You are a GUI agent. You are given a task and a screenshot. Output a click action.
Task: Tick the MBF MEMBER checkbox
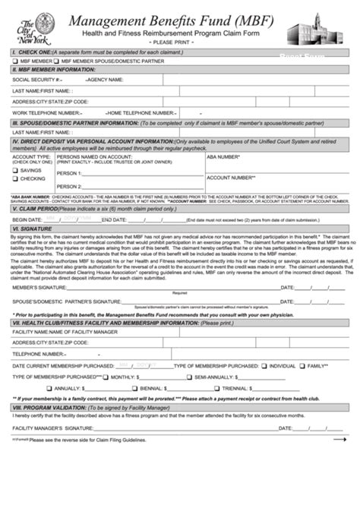tap(15, 60)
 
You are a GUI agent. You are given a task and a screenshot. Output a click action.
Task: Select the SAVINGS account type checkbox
tap(14, 170)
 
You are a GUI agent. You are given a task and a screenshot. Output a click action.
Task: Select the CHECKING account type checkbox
tap(14, 178)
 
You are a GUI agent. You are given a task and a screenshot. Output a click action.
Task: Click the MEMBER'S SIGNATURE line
tap(167, 288)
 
